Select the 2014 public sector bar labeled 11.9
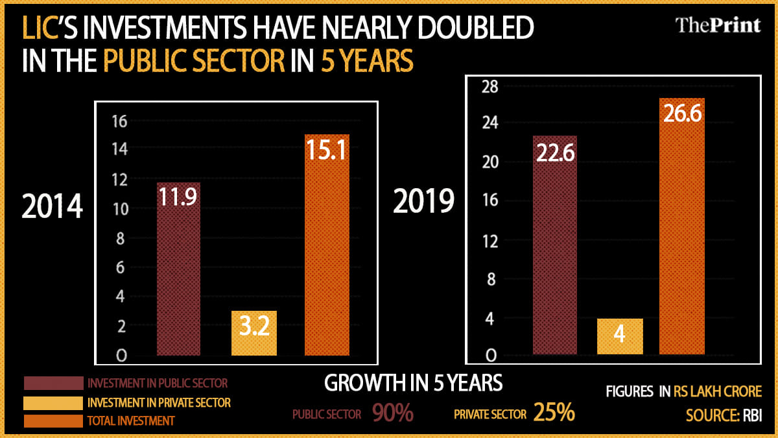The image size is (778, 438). tap(178, 269)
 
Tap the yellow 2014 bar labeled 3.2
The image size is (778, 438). tap(253, 333)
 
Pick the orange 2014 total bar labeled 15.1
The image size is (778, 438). tap(327, 245)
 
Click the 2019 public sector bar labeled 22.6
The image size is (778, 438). tap(554, 245)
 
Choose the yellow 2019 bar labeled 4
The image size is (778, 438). tap(619, 336)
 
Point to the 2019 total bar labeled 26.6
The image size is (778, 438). tap(682, 226)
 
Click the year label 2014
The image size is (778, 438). tap(53, 207)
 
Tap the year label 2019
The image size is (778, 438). tap(425, 202)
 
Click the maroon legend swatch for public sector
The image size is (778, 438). tap(53, 383)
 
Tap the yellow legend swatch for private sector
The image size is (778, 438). tap(53, 402)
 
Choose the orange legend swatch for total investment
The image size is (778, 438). tap(53, 420)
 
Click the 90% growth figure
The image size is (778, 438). tap(393, 413)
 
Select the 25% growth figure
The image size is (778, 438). tap(554, 413)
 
